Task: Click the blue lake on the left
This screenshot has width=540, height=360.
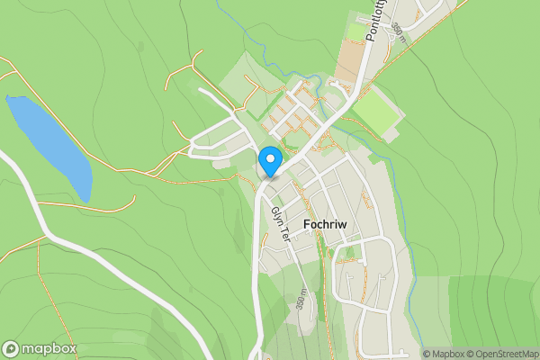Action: pos(49,144)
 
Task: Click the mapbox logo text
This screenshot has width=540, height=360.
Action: pos(49,349)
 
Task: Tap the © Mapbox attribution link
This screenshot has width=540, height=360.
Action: pos(447,354)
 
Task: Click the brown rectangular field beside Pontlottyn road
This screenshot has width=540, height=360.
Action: pos(355,54)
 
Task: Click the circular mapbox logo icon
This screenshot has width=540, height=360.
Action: pos(11,349)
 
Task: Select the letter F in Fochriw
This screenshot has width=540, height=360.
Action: pos(309,228)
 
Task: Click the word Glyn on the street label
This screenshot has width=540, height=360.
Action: pos(275,216)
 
